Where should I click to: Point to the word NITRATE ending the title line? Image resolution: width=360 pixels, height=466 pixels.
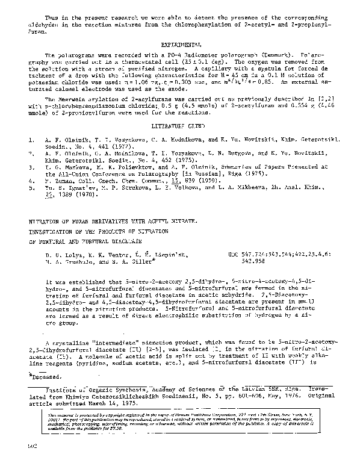178,222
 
